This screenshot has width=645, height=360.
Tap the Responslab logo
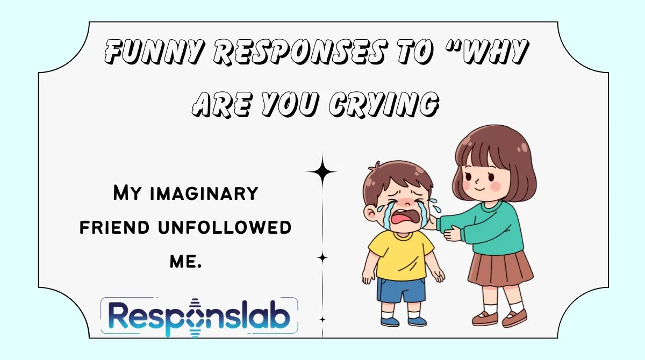199,317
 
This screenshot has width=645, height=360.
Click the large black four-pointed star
322,172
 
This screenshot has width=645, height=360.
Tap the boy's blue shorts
400,289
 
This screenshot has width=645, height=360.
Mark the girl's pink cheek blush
496,185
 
